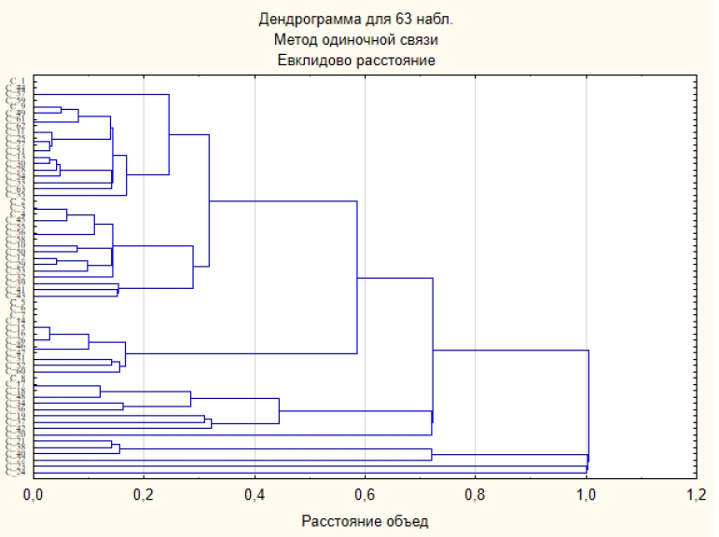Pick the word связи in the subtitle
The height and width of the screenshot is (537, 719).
(x=420, y=39)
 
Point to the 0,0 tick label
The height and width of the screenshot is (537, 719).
(x=34, y=493)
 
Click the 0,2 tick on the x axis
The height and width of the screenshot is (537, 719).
(x=144, y=493)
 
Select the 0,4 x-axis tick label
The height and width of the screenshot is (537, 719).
(x=255, y=493)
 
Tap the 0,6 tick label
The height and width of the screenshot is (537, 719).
(x=365, y=493)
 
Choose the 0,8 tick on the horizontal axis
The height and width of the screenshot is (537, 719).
(x=476, y=493)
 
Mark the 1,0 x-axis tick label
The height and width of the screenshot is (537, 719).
(x=586, y=493)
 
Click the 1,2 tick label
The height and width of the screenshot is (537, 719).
(x=696, y=493)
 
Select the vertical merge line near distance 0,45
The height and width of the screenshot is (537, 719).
(x=280, y=411)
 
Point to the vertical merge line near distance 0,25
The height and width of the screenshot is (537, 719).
(x=169, y=134)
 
